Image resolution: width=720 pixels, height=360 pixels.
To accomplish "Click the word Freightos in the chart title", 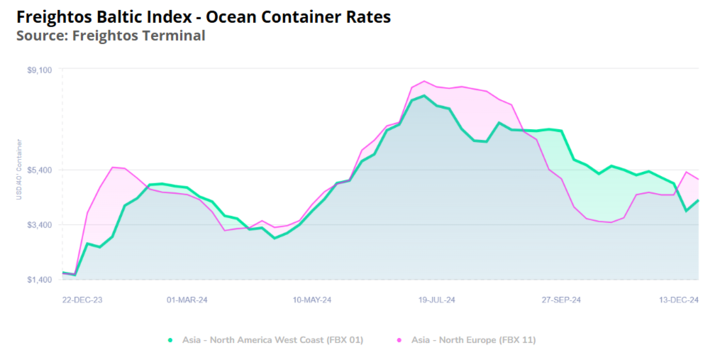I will pos(56,17).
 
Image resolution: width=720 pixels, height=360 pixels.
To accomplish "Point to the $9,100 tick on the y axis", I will pos(40,70).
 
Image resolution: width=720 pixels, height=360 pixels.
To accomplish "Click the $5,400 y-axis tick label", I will pos(40,170).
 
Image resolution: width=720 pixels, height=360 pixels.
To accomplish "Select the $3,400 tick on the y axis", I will pos(40,225).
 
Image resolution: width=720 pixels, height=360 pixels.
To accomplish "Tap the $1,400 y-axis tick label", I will pos(40,279).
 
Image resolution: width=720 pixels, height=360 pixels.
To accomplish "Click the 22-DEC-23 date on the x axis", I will pos(82,299).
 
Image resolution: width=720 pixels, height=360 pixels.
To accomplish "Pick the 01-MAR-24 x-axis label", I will pos(187,299).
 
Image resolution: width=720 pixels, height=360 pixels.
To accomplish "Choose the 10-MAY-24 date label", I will pos(312,299).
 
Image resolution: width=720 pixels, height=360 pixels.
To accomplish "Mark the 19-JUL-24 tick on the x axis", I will pos(437,299).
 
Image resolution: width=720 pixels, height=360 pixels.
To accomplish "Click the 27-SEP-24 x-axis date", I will pos(561,299).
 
